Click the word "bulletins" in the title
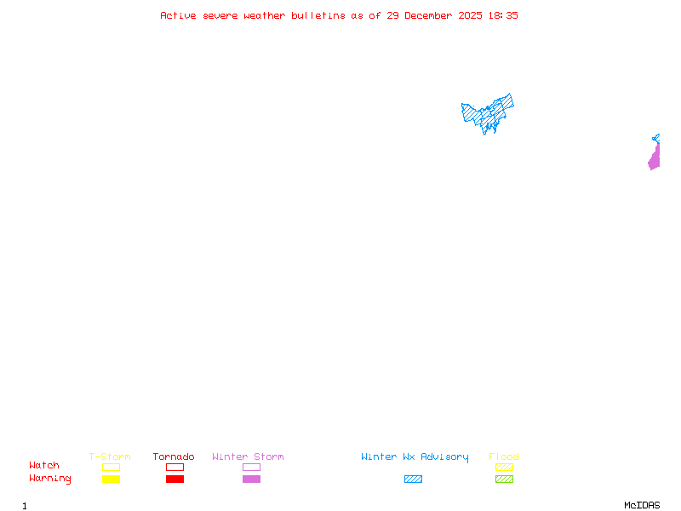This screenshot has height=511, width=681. coord(318,15)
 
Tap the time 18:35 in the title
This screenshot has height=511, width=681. coord(501,15)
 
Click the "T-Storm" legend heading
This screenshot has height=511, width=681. coord(110,457)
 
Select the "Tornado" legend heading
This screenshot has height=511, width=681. coord(174,457)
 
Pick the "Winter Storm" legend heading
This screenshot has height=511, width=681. coord(248,457)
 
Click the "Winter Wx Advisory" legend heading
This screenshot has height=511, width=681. coord(415,457)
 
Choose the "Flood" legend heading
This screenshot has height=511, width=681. coord(504,457)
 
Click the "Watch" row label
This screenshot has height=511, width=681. coord(44,466)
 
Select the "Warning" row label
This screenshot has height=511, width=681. coord(50,479)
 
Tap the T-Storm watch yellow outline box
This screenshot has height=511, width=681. coord(111,467)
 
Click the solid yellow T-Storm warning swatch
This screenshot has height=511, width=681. coord(111,479)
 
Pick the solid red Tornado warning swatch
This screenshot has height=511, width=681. coord(175,479)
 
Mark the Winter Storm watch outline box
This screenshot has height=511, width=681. coord(251,467)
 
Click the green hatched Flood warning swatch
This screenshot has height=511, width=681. coord(504,479)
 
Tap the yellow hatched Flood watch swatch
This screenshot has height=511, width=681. coord(504,467)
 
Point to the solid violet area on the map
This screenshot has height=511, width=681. coord(655,159)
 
